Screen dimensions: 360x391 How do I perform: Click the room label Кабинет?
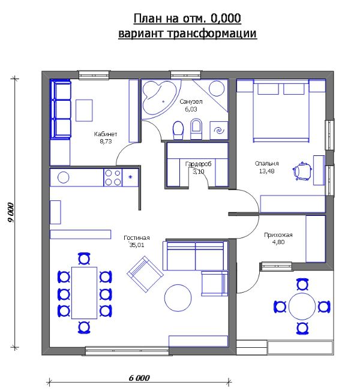(x=105, y=134)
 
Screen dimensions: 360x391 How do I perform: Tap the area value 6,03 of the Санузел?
(x=191, y=109)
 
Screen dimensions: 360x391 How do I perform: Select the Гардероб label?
(x=198, y=164)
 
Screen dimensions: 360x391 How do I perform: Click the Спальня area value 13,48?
(x=266, y=171)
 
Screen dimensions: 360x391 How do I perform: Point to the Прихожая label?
(x=278, y=234)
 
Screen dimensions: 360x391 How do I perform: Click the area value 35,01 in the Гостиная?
(x=137, y=245)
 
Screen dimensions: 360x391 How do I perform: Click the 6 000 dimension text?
(x=139, y=378)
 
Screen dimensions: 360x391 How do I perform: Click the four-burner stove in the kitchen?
(x=113, y=178)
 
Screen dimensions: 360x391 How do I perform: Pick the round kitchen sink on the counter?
(x=64, y=178)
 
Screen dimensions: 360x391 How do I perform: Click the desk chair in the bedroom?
(x=302, y=171)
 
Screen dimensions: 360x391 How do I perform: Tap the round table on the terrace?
(x=302, y=306)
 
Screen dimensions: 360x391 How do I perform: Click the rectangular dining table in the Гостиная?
(x=85, y=293)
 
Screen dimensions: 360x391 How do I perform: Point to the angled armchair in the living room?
(x=145, y=274)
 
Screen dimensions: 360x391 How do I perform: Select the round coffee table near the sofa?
(x=178, y=298)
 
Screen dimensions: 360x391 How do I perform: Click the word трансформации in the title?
(x=212, y=33)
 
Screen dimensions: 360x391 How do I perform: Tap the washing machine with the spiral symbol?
(x=219, y=130)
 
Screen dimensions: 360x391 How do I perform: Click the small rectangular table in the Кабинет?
(x=84, y=110)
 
